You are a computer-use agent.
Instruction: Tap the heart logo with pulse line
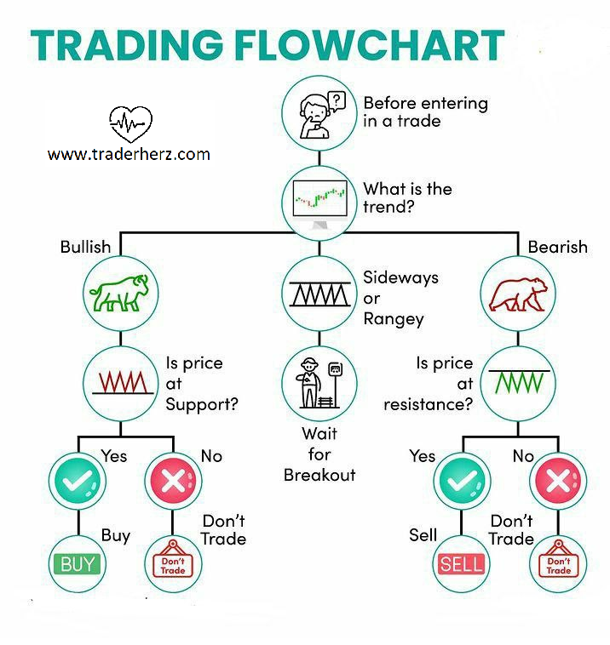click(x=130, y=124)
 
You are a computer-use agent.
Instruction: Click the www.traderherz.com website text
click(x=128, y=154)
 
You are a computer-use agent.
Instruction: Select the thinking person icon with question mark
click(x=318, y=112)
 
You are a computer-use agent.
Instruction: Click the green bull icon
click(x=118, y=292)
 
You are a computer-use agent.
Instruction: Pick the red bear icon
click(x=518, y=292)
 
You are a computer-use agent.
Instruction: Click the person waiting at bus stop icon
click(x=318, y=380)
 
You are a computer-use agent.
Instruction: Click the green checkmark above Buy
click(x=78, y=482)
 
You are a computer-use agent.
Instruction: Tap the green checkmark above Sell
click(x=463, y=482)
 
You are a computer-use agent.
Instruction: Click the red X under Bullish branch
click(x=172, y=482)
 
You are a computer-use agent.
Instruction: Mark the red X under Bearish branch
click(x=558, y=482)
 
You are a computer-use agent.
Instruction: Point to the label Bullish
click(x=85, y=247)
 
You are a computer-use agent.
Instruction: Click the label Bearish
click(x=557, y=247)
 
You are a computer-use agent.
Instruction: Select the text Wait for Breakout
click(x=319, y=454)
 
